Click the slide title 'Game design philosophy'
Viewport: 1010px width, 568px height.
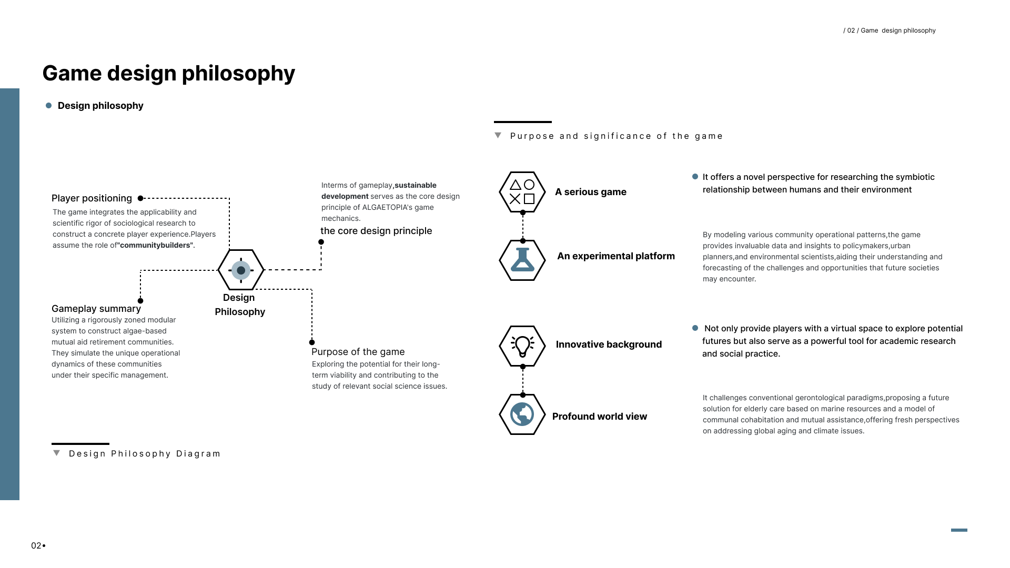(168, 73)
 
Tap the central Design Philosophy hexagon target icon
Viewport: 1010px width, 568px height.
(241, 270)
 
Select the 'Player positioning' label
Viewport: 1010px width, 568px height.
(92, 198)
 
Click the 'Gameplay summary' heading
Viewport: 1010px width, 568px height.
(96, 309)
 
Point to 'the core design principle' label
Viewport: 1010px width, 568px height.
(376, 231)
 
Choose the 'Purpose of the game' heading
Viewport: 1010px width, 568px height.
(358, 352)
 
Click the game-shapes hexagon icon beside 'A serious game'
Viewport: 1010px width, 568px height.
(522, 192)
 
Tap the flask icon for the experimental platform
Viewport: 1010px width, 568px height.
(522, 260)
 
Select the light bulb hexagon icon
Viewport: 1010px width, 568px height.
(522, 346)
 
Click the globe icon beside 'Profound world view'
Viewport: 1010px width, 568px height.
(522, 414)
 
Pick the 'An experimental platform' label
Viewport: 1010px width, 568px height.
(616, 256)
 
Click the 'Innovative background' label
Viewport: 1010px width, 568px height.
(609, 344)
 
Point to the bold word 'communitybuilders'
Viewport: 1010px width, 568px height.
(155, 245)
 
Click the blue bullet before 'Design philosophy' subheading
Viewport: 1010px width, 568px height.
(49, 106)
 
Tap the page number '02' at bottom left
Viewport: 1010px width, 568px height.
(36, 545)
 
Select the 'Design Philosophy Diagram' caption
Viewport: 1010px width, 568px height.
(145, 454)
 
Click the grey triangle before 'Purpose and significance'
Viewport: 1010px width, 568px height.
(498, 135)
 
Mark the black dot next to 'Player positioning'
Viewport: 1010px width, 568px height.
(140, 198)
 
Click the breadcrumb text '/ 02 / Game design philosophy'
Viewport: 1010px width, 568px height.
(890, 31)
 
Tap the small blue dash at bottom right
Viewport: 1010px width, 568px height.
(959, 530)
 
